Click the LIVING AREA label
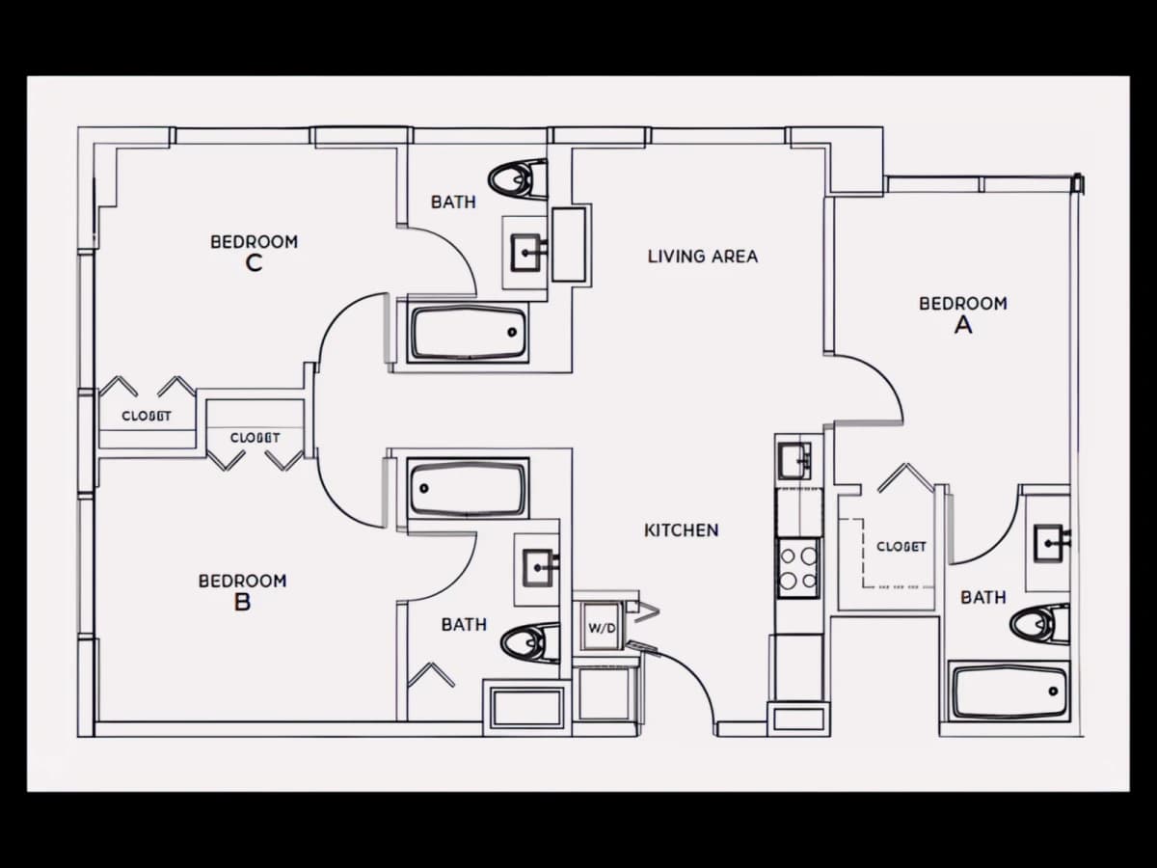pyautogui.click(x=703, y=257)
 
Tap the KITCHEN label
pyautogui.click(x=681, y=530)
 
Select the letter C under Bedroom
pyautogui.click(x=254, y=263)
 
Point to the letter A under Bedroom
pyautogui.click(x=963, y=325)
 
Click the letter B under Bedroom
pyautogui.click(x=242, y=602)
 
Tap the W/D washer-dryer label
pyautogui.click(x=602, y=628)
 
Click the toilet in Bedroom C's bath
pyautogui.click(x=518, y=178)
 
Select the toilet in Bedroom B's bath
pyautogui.click(x=529, y=643)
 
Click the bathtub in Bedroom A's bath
pyautogui.click(x=1009, y=692)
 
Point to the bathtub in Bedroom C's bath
pyautogui.click(x=468, y=333)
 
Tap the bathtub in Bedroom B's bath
pyautogui.click(x=468, y=488)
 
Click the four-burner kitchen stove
pyautogui.click(x=798, y=568)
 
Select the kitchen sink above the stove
pyautogui.click(x=794, y=461)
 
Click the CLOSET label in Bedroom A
pyautogui.click(x=901, y=547)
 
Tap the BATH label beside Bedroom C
pyautogui.click(x=453, y=202)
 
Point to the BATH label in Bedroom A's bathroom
pyautogui.click(x=983, y=598)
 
